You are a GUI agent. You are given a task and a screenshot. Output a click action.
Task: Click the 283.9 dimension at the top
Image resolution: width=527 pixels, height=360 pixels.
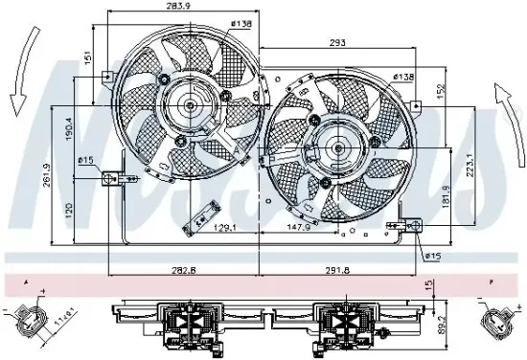(x=173, y=8)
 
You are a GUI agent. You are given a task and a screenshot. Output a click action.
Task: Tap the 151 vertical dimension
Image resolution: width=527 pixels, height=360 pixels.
(x=84, y=58)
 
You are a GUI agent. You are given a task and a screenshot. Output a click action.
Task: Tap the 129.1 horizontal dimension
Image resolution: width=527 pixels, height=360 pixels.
(x=224, y=228)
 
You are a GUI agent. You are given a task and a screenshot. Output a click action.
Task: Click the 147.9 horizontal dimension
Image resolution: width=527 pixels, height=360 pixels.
(x=299, y=228)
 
